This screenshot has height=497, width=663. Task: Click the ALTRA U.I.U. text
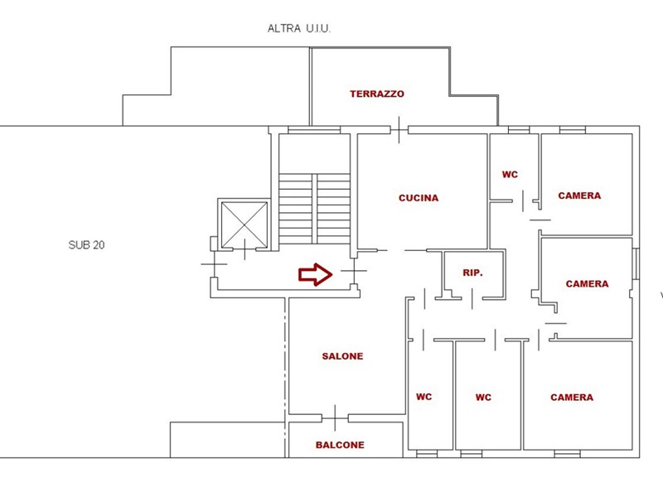(x=299, y=28)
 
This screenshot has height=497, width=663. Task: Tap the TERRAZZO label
(x=377, y=94)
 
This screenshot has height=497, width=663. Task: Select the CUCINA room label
(x=419, y=198)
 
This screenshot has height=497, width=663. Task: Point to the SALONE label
(x=342, y=356)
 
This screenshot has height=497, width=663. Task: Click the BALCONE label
(x=340, y=445)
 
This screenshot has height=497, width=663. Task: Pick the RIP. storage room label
(x=472, y=273)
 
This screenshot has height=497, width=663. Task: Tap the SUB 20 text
(x=86, y=245)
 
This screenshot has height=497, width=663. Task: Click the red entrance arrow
(x=315, y=274)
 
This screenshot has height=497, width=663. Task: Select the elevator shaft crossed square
(x=244, y=224)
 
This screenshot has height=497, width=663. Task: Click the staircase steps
(x=315, y=208)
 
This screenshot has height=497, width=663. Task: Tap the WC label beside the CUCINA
(x=510, y=175)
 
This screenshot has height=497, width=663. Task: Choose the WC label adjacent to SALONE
(x=423, y=397)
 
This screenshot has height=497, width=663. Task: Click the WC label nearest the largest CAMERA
(x=483, y=398)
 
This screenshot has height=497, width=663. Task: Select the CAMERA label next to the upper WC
(x=579, y=196)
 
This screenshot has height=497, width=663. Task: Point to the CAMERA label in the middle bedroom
(x=587, y=284)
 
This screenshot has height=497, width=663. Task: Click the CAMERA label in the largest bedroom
(x=572, y=398)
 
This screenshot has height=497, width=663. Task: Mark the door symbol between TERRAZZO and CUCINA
(x=399, y=129)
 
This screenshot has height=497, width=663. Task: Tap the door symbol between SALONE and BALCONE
(x=334, y=417)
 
